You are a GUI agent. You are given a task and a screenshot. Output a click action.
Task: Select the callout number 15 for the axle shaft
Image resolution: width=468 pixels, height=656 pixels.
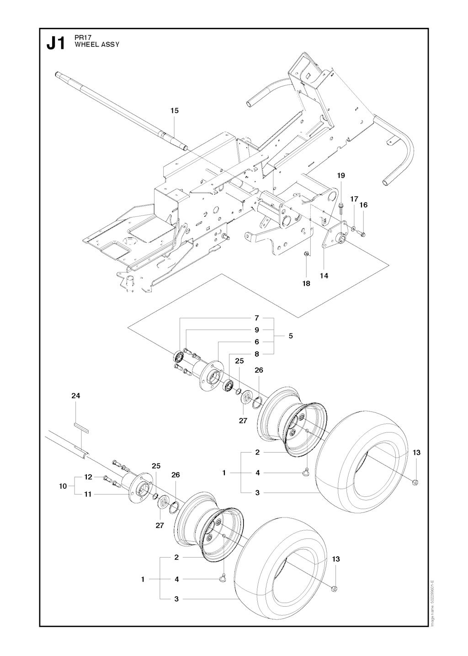(174, 111)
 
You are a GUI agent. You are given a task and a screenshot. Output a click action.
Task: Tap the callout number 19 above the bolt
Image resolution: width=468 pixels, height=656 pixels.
(341, 176)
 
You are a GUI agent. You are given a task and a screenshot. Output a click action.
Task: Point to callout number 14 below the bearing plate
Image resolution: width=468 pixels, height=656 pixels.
(324, 276)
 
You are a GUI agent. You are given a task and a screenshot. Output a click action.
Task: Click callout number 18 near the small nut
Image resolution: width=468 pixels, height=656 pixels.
(306, 283)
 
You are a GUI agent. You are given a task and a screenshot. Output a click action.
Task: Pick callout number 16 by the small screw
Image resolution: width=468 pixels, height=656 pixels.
(363, 205)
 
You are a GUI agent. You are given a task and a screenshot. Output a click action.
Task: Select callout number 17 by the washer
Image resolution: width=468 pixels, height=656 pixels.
(354, 199)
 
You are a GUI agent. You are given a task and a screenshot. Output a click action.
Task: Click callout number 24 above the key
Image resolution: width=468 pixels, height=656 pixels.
(76, 395)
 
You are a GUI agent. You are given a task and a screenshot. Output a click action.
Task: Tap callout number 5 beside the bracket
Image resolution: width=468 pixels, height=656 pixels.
(291, 336)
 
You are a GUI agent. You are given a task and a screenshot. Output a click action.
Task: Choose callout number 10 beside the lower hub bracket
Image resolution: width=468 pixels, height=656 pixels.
(63, 486)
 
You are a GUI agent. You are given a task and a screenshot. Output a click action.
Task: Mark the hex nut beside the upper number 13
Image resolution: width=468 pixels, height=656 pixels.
(415, 481)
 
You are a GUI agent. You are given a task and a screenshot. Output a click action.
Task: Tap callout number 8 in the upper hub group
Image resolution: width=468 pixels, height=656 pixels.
(257, 354)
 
